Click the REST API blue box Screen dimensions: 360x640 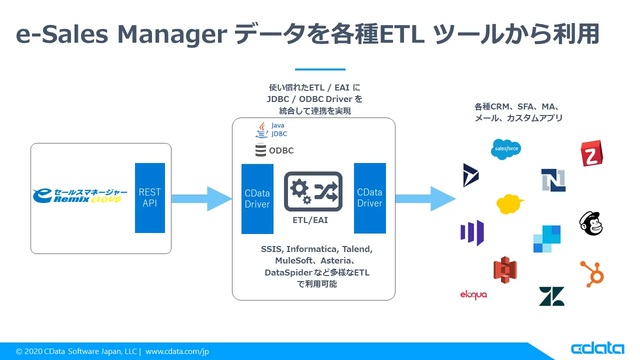click(x=149, y=198)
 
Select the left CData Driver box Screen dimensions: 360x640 click(x=257, y=198)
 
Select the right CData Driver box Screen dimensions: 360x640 click(x=369, y=198)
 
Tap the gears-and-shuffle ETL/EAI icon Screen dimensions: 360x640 click(x=313, y=191)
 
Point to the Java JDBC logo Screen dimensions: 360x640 click(x=271, y=129)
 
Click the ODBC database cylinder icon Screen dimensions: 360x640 click(x=260, y=150)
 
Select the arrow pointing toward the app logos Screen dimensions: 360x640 click(x=424, y=198)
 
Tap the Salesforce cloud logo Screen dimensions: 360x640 click(x=505, y=149)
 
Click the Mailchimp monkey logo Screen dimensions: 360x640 click(x=591, y=223)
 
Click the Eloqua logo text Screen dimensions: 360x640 click(x=473, y=295)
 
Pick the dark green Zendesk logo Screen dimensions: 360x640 click(x=551, y=296)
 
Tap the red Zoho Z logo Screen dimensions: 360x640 click(x=591, y=153)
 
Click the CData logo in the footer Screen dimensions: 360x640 click(x=597, y=348)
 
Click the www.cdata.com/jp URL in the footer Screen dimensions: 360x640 click(x=177, y=351)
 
